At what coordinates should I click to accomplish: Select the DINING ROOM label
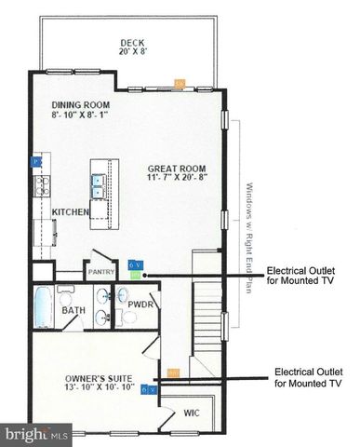pyautogui.click(x=82, y=104)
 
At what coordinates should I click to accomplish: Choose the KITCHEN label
pyautogui.click(x=70, y=212)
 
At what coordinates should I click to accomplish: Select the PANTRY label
pyautogui.click(x=100, y=272)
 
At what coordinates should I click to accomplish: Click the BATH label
pyautogui.click(x=73, y=310)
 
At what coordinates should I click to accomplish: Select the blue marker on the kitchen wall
pyautogui.click(x=35, y=161)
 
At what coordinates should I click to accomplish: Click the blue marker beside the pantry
pyautogui.click(x=135, y=265)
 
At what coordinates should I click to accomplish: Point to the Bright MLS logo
pyautogui.click(x=36, y=434)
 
